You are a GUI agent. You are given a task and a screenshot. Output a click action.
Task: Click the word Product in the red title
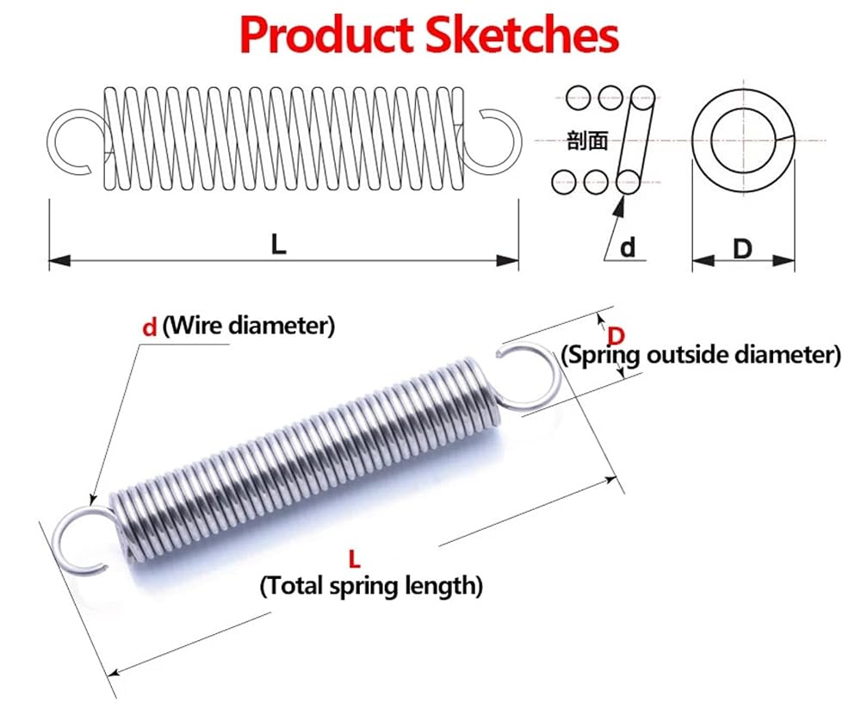326,35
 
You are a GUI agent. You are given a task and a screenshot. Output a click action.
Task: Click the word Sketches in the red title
523,35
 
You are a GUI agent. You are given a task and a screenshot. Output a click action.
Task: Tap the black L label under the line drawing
279,244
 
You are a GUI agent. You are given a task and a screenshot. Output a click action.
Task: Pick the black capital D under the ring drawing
742,249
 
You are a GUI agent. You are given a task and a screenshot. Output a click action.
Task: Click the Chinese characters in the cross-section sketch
587,140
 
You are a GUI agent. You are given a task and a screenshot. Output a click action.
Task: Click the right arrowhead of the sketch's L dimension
507,260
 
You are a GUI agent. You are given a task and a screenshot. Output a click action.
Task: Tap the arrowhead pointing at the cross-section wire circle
620,206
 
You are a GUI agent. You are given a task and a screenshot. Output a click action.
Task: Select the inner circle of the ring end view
713,140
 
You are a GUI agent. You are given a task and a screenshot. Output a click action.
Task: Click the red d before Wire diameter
149,327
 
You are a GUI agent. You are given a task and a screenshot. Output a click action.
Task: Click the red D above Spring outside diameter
616,335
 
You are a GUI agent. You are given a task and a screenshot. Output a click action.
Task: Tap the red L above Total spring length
355,560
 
